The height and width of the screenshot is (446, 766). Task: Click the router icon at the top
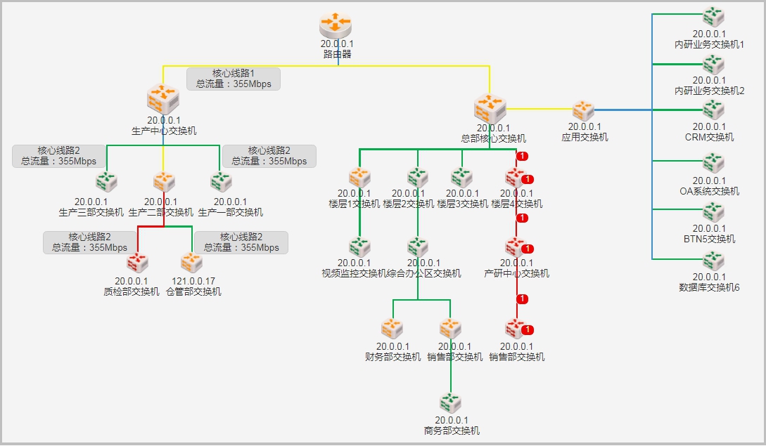(x=335, y=25)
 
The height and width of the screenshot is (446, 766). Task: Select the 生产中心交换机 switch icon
(x=163, y=99)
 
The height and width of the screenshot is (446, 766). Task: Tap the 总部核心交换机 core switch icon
(x=490, y=108)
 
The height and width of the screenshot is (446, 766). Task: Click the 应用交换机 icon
(x=583, y=110)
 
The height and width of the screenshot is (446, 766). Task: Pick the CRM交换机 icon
(x=713, y=110)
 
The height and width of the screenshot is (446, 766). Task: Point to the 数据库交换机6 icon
(x=713, y=261)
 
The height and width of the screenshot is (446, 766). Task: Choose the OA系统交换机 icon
(x=713, y=164)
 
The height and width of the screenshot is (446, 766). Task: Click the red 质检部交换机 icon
(x=136, y=263)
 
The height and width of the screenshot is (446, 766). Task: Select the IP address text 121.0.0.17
(x=193, y=282)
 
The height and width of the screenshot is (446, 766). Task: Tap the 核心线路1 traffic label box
(x=234, y=79)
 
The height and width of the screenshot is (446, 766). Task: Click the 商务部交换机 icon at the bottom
(x=450, y=403)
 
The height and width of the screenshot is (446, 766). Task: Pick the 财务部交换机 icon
(x=392, y=328)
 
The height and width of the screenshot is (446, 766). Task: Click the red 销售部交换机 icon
(x=516, y=328)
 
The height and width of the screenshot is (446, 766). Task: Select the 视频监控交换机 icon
(x=359, y=247)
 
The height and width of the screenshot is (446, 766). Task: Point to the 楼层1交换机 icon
(x=359, y=177)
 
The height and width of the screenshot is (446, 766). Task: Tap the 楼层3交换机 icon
(x=461, y=177)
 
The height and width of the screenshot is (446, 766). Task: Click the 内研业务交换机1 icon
(x=713, y=16)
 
